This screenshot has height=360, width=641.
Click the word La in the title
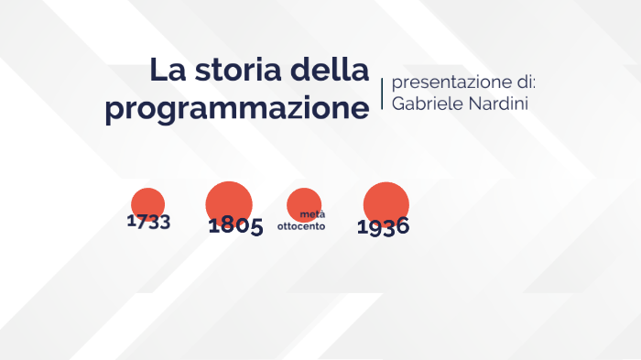[167, 71]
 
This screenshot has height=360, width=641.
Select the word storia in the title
[237, 71]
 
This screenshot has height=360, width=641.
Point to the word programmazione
[236, 108]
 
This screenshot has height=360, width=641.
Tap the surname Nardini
[499, 104]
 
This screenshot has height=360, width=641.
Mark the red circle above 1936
[386, 202]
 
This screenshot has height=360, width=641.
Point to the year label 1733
[148, 222]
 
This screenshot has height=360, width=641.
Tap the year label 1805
[235, 226]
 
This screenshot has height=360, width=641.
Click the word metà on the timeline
[312, 215]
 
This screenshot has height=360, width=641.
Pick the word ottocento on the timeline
[301, 225]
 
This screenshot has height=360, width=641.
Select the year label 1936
[383, 227]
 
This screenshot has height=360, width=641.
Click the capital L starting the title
[158, 71]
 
